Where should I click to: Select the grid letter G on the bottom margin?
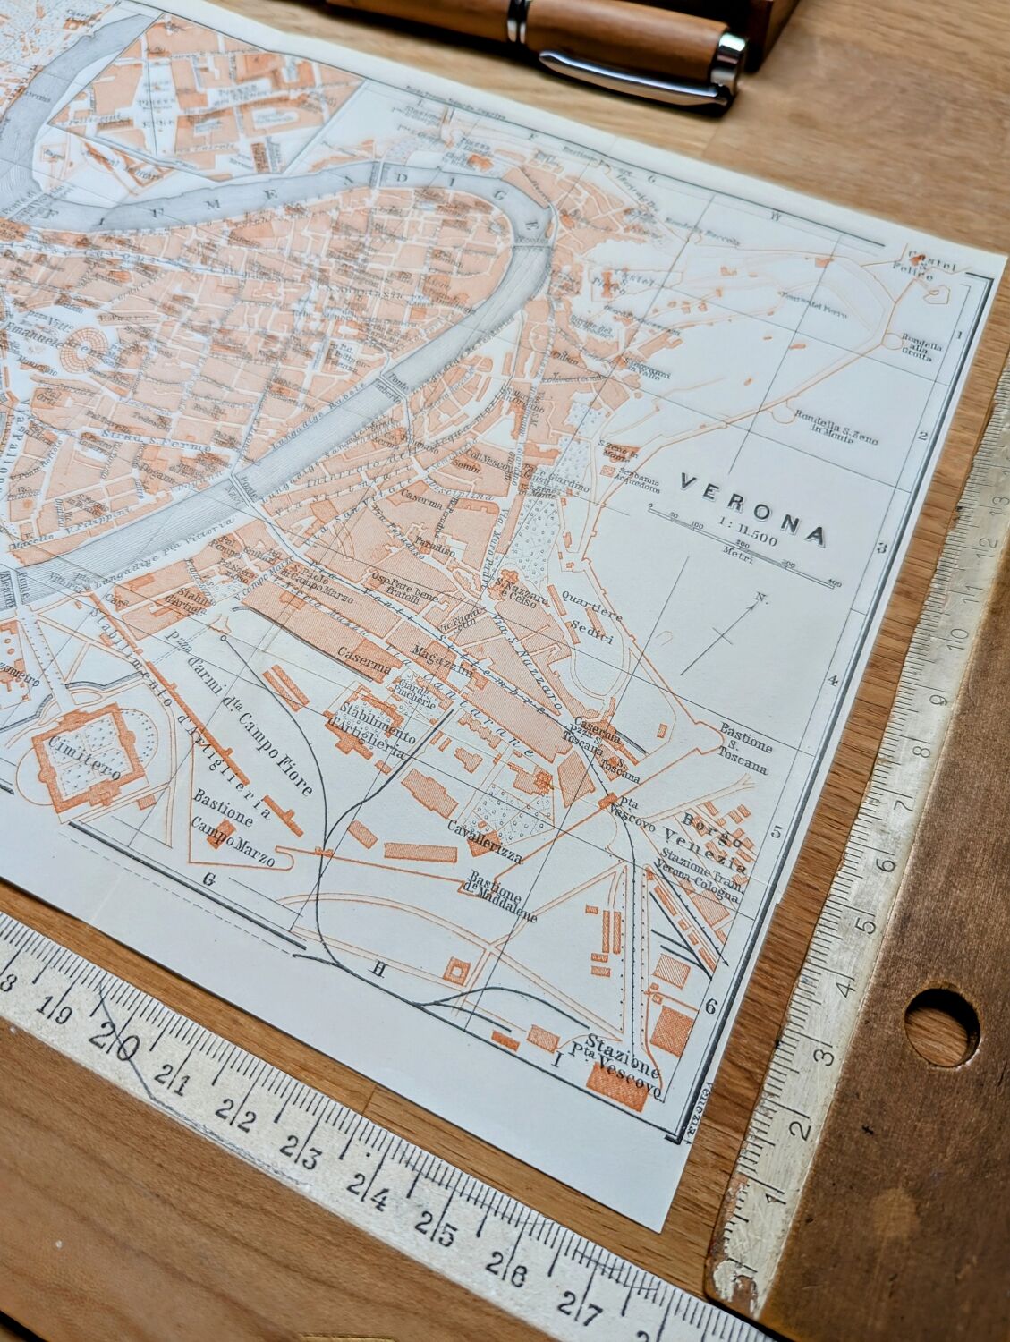[210, 879]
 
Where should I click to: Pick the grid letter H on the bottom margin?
[378, 965]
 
